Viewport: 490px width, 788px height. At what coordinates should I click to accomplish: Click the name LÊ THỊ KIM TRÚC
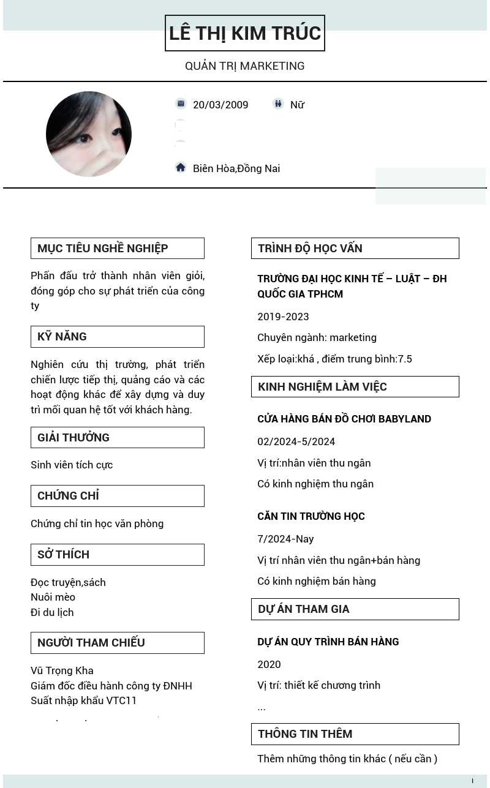point(245,33)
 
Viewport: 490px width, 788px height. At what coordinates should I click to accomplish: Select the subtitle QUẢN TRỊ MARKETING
point(245,66)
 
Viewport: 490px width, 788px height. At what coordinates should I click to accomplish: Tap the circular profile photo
point(89,134)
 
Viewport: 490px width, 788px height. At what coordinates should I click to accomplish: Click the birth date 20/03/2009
point(221,105)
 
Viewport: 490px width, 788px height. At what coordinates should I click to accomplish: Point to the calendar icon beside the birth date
point(180,104)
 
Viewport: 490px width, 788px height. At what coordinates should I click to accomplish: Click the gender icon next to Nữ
point(278,104)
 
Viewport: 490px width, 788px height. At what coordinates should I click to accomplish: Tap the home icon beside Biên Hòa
point(180,168)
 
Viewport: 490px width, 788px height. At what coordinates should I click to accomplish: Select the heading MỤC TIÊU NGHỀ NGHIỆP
point(103,248)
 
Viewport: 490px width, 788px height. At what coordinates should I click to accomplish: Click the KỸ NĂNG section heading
point(62,336)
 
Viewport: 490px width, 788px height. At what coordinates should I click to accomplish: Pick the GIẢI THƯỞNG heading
point(73,437)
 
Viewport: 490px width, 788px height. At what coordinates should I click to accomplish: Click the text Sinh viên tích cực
point(72,465)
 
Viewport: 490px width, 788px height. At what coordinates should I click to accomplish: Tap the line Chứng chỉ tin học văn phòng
point(97,523)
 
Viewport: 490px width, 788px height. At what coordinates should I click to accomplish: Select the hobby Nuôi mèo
point(53,597)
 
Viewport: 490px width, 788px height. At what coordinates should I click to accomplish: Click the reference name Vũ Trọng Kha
point(62,670)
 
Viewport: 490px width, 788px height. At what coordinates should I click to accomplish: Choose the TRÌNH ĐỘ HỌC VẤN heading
point(310,248)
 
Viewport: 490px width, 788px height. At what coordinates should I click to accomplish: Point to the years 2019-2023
point(283,317)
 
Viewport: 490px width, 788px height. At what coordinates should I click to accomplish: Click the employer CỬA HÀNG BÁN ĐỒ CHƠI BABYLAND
point(344,419)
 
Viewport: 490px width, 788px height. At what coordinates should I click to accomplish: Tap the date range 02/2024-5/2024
point(296,441)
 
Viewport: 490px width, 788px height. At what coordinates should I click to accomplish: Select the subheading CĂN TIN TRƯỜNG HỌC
point(311,516)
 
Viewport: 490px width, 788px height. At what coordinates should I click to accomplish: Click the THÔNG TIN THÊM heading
point(305,734)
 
